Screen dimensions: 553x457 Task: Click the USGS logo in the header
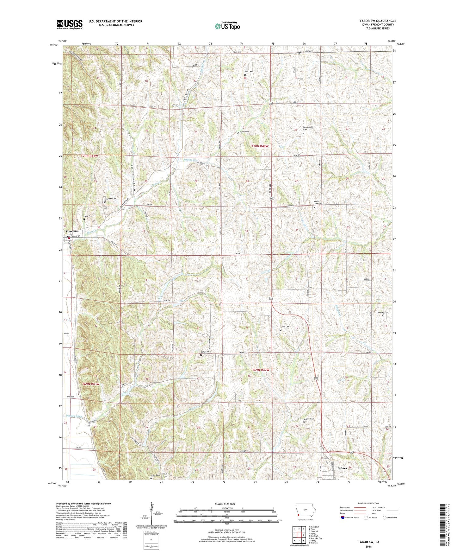[70, 24]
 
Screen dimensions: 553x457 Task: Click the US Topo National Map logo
[227, 26]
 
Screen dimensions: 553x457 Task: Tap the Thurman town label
[72, 231]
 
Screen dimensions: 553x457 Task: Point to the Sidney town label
[343, 468]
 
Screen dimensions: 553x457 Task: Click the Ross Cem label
[248, 72]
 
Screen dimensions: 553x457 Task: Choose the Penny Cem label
[244, 132]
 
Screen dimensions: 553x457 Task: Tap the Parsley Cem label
[383, 312]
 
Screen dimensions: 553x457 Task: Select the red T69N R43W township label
[91, 384]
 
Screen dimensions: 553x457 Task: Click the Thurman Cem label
[110, 199]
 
